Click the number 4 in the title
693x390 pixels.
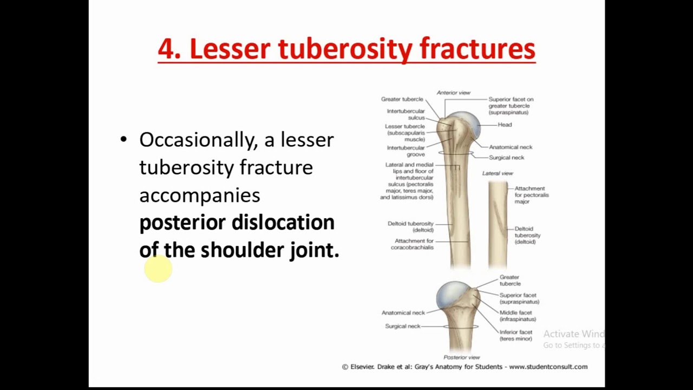tap(167, 49)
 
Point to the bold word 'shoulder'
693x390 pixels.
tap(241, 250)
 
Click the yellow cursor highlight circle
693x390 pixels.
tap(158, 269)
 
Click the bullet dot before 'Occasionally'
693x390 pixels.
tap(123, 140)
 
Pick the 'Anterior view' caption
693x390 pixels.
tap(453, 93)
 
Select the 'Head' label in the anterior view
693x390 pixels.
tap(505, 125)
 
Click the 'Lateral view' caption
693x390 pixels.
tap(498, 173)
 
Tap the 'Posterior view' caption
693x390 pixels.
tap(461, 357)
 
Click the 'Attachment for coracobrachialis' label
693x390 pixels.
tap(414, 244)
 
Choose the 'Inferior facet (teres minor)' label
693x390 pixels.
tap(515, 335)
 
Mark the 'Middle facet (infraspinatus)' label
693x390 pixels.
tap(517, 316)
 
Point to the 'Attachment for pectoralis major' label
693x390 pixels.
tap(531, 195)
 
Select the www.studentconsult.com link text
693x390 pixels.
tap(548, 367)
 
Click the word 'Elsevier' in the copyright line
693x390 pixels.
tap(361, 367)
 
